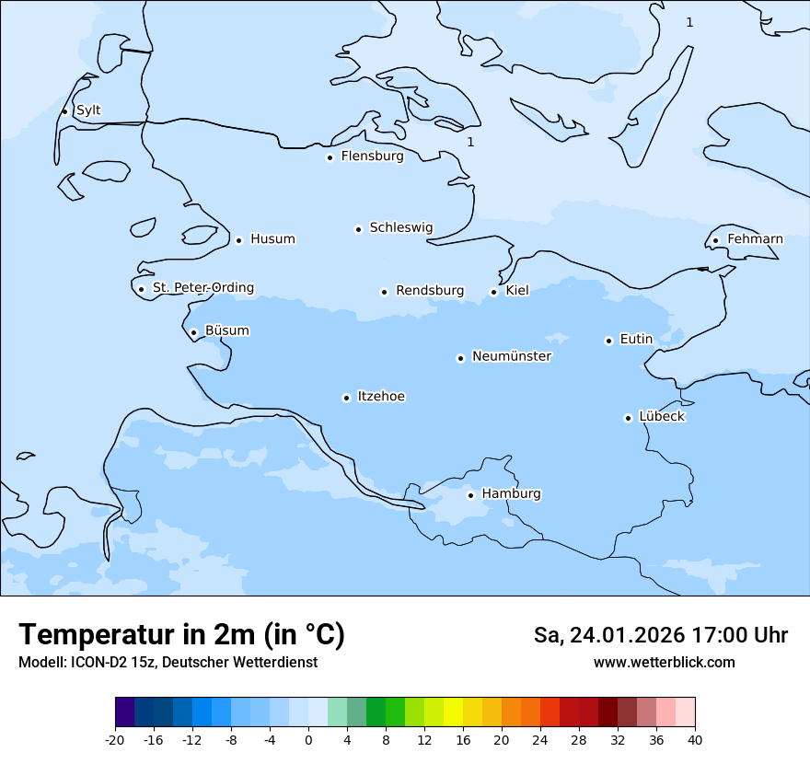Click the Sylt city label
coord(88,110)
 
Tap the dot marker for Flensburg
coord(330,157)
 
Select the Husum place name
coord(272,239)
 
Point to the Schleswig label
coord(400,227)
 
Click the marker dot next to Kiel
coord(493,292)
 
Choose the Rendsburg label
coord(430,291)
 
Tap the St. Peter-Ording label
coord(202,288)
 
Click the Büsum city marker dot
coord(193,333)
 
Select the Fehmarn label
coord(755,239)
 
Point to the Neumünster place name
coord(512,356)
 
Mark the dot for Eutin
coord(608,341)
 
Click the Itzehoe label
coord(381,397)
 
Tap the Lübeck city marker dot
coord(628,418)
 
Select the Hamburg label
coord(511,494)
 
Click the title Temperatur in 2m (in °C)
coord(181,634)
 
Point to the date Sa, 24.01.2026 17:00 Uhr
coord(660,635)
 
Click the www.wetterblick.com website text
coord(664,663)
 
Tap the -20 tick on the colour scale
coord(115,740)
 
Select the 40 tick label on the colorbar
coord(695,740)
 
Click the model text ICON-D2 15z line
coord(168,663)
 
